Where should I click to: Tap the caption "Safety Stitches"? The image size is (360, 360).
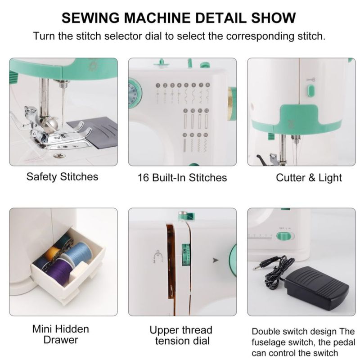point(62,176)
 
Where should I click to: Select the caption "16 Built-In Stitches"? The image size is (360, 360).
point(182,178)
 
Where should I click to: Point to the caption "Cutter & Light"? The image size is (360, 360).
point(309,178)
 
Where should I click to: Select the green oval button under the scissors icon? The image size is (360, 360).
point(310,90)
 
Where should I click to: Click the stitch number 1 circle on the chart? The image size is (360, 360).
point(158,85)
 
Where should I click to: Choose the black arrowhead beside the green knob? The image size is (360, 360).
point(216,260)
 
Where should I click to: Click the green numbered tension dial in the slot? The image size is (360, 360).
point(185,255)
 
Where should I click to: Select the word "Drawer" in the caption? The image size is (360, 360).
point(61,340)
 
